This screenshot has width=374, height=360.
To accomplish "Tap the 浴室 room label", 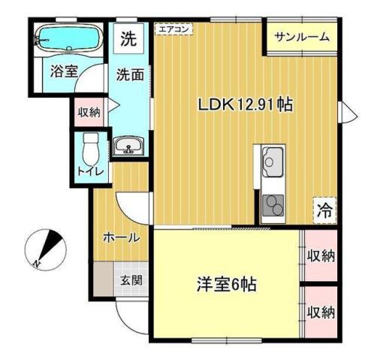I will [x=64, y=72].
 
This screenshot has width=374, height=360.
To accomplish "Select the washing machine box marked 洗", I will [x=129, y=40].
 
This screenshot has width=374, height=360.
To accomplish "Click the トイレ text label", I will [x=91, y=171].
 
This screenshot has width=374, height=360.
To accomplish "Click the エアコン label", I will [x=173, y=29].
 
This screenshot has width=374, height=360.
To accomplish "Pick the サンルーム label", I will [x=301, y=37].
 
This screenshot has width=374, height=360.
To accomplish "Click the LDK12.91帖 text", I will [x=245, y=105].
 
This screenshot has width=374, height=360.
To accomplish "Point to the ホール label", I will [x=121, y=238].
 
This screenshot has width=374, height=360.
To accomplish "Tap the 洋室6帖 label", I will [x=227, y=285].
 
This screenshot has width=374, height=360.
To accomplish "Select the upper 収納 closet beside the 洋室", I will [x=320, y=256].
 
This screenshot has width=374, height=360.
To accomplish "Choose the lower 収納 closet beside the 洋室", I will [x=320, y=312].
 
